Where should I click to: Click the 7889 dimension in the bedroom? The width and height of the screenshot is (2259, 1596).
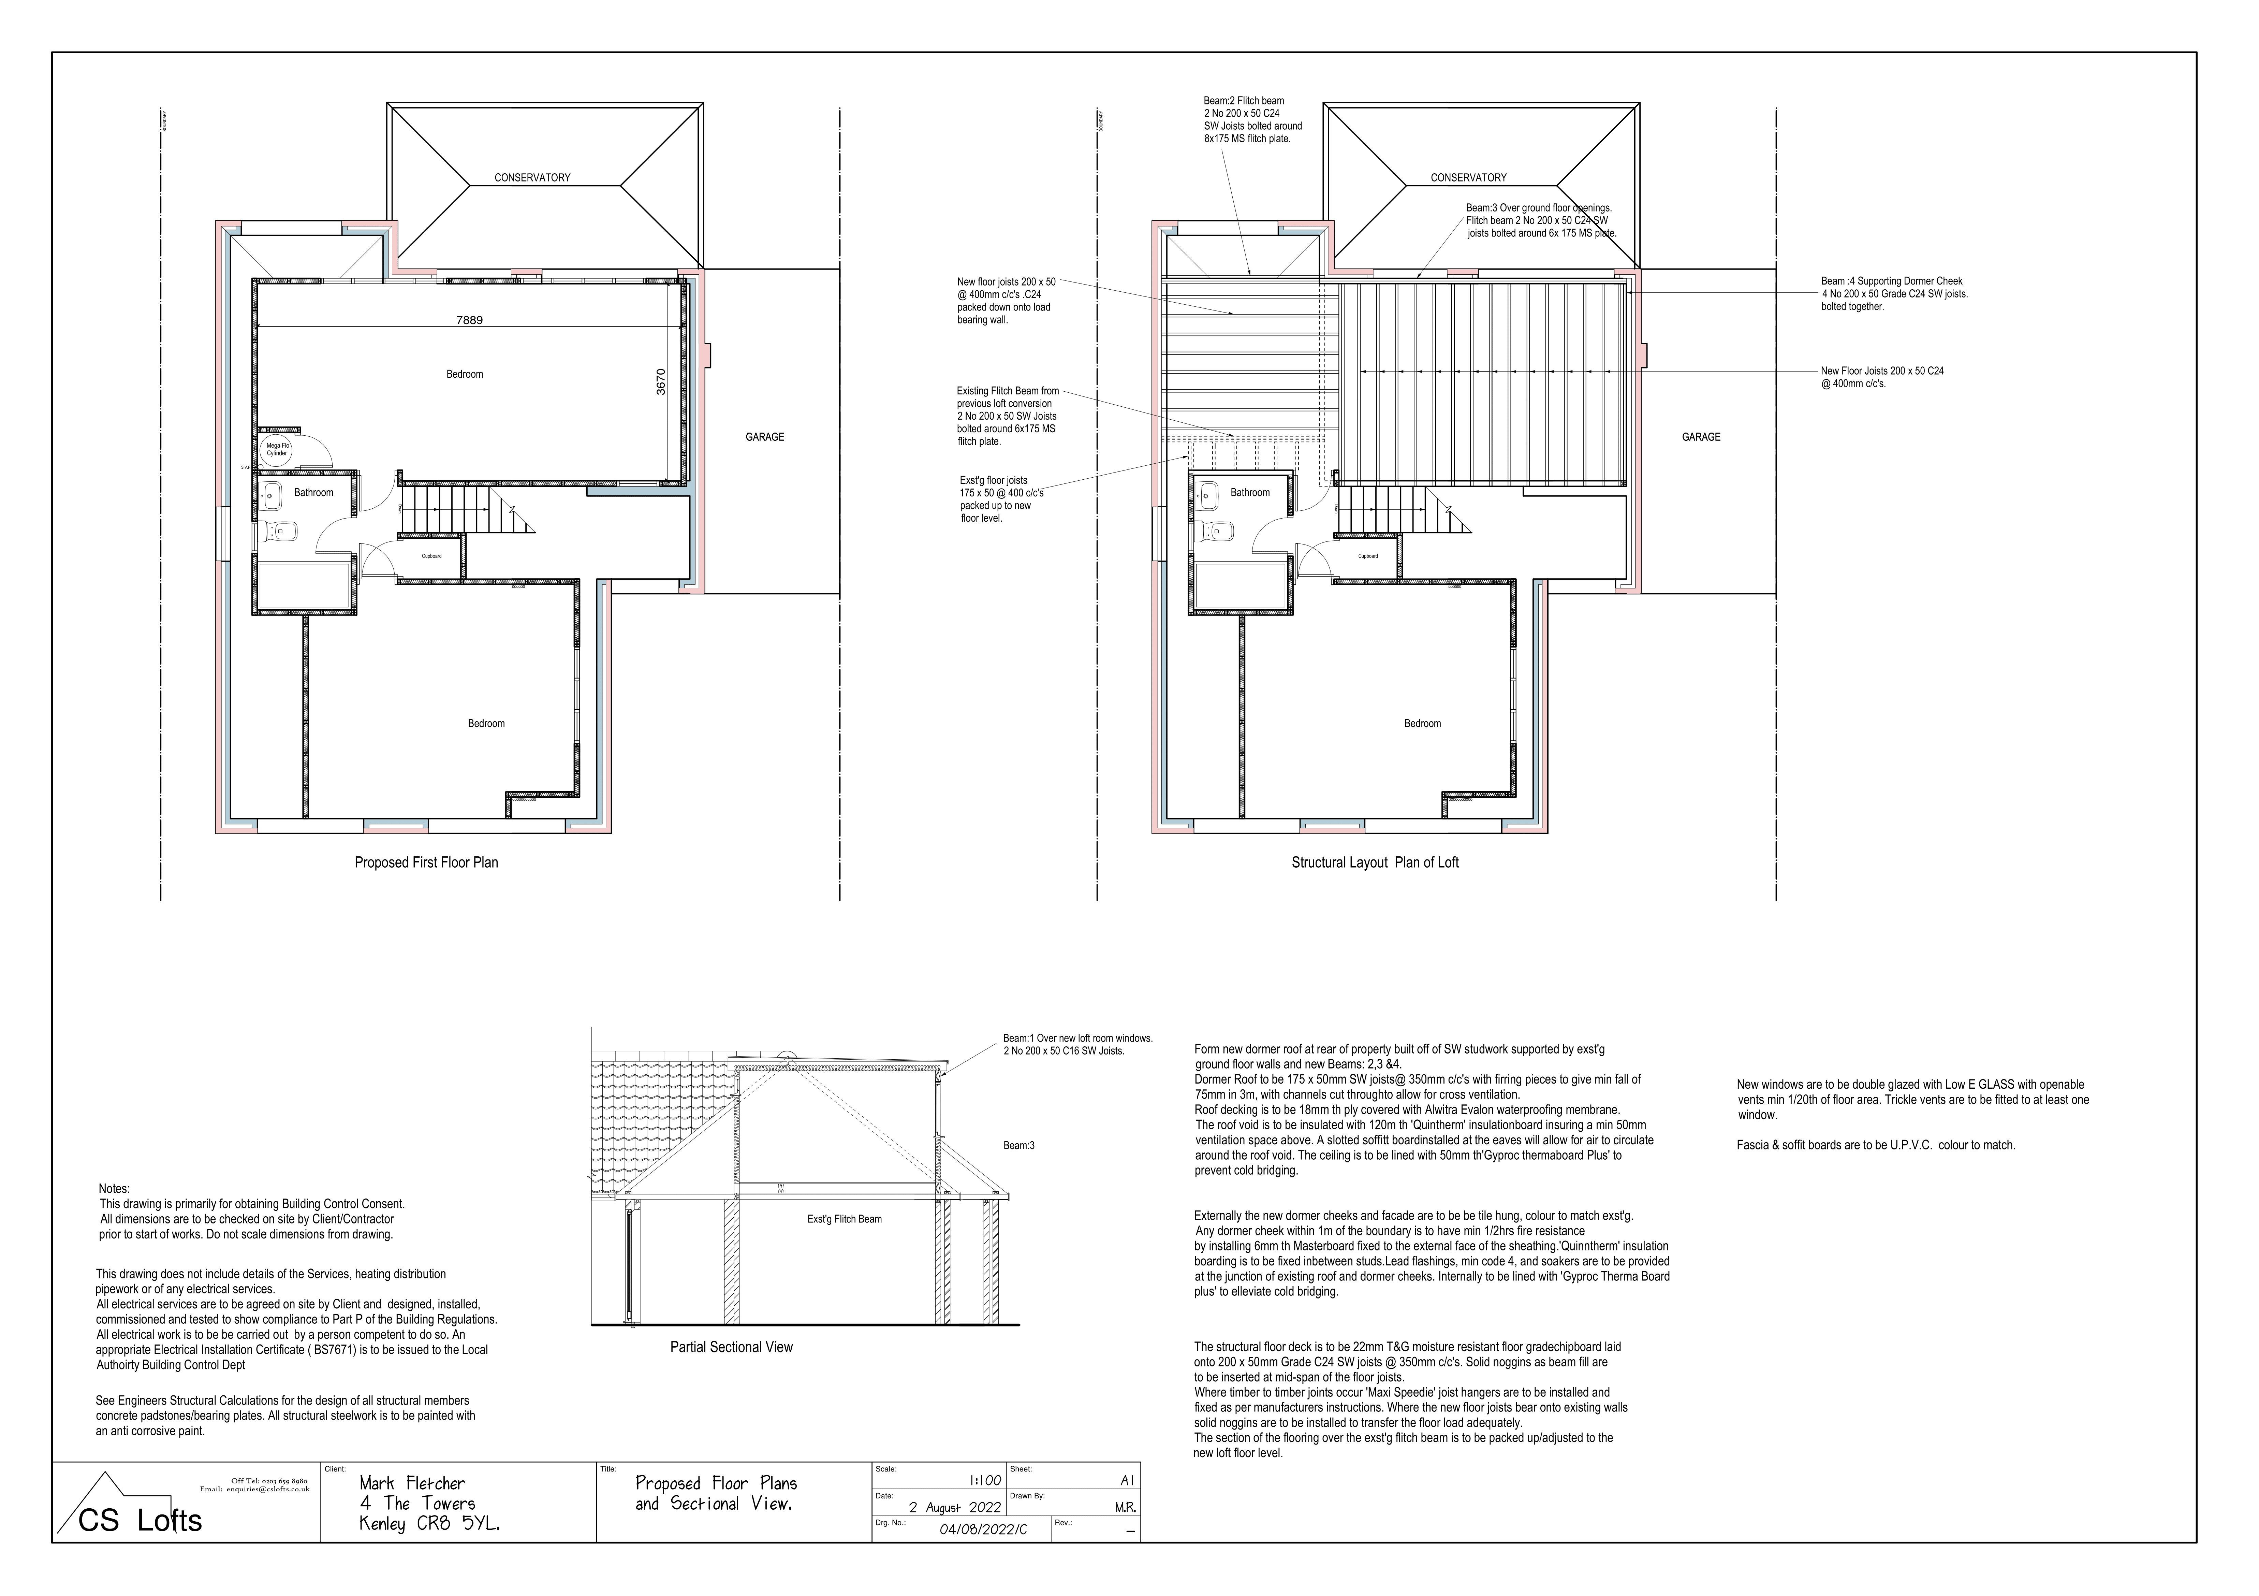point(469,320)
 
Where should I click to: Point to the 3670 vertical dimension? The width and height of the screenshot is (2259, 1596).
point(661,382)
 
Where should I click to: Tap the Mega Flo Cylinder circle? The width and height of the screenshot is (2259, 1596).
point(277,450)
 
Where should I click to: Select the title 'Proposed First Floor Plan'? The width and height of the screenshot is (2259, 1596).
point(426,863)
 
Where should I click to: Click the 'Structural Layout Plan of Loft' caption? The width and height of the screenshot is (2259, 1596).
point(1375,863)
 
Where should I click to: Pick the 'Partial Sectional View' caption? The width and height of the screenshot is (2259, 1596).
point(731,1347)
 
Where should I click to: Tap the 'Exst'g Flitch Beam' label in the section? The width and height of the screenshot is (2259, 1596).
point(844,1219)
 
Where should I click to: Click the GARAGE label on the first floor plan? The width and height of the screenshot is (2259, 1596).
point(764,437)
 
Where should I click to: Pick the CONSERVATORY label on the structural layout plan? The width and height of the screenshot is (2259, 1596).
point(1468,178)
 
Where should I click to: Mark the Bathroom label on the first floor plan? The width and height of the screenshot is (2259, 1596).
point(314,493)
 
